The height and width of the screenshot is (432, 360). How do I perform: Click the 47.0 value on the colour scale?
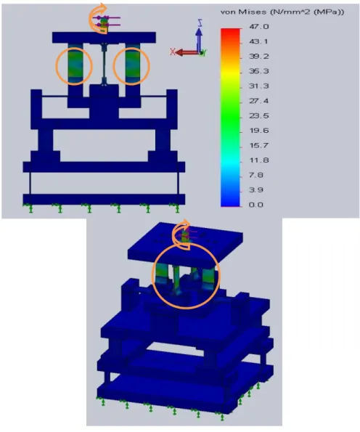pyautogui.click(x=258, y=27)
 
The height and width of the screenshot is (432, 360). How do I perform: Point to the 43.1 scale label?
pyautogui.click(x=258, y=41)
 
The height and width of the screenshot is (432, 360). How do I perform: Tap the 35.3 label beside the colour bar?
pyautogui.click(x=258, y=71)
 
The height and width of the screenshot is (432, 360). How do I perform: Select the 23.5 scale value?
pyautogui.click(x=258, y=115)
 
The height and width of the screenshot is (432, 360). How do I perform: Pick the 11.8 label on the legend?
pyautogui.click(x=258, y=160)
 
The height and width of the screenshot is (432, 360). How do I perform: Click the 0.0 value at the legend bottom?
pyautogui.click(x=256, y=205)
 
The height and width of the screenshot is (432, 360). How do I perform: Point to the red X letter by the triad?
pyautogui.click(x=173, y=52)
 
